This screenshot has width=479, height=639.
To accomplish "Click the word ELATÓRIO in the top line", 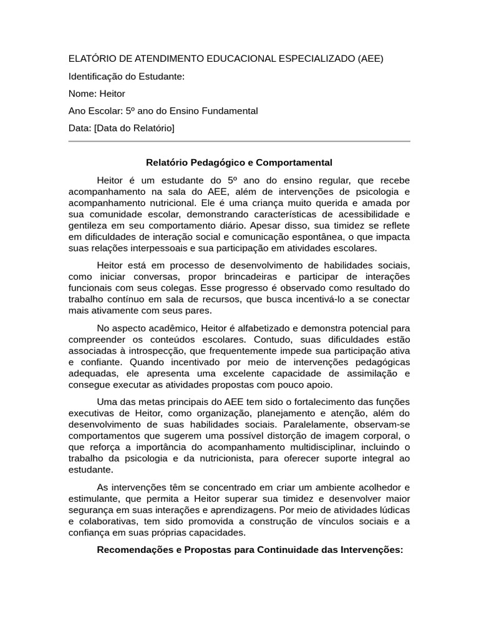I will (92, 59).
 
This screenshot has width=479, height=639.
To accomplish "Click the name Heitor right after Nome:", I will (112, 94).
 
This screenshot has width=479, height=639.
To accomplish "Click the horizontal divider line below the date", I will (239, 142).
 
